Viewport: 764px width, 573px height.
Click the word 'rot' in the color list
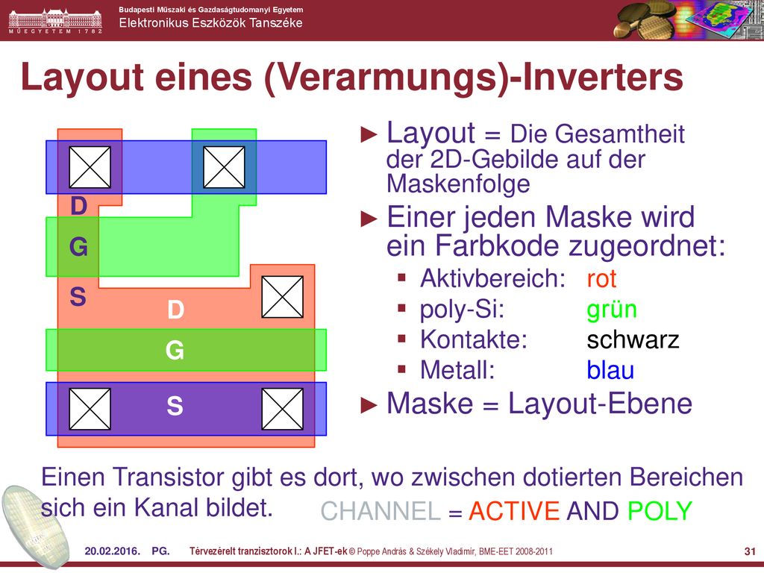coord(601,279)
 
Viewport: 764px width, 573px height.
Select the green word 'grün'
coord(612,310)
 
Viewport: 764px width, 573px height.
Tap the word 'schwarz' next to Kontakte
coord(633,339)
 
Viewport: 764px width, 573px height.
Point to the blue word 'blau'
coord(610,370)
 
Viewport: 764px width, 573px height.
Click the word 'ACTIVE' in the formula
coord(514,511)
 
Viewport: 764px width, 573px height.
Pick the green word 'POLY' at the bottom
coord(660,511)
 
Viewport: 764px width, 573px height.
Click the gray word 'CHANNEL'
coord(381,511)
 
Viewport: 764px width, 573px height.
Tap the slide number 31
coord(750,551)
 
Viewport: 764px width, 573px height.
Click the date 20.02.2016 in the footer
coord(112,551)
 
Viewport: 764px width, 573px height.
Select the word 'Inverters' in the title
coord(603,77)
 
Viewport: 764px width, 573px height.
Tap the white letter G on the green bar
coord(175,351)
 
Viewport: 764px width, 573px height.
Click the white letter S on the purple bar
coord(175,406)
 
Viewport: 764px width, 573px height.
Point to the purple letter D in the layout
coord(79,206)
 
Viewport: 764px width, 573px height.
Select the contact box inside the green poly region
coord(224,167)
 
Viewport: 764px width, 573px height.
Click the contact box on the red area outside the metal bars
coord(283,297)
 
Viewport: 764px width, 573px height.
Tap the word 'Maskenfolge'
coord(458,184)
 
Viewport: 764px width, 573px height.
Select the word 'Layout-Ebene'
coord(601,404)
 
